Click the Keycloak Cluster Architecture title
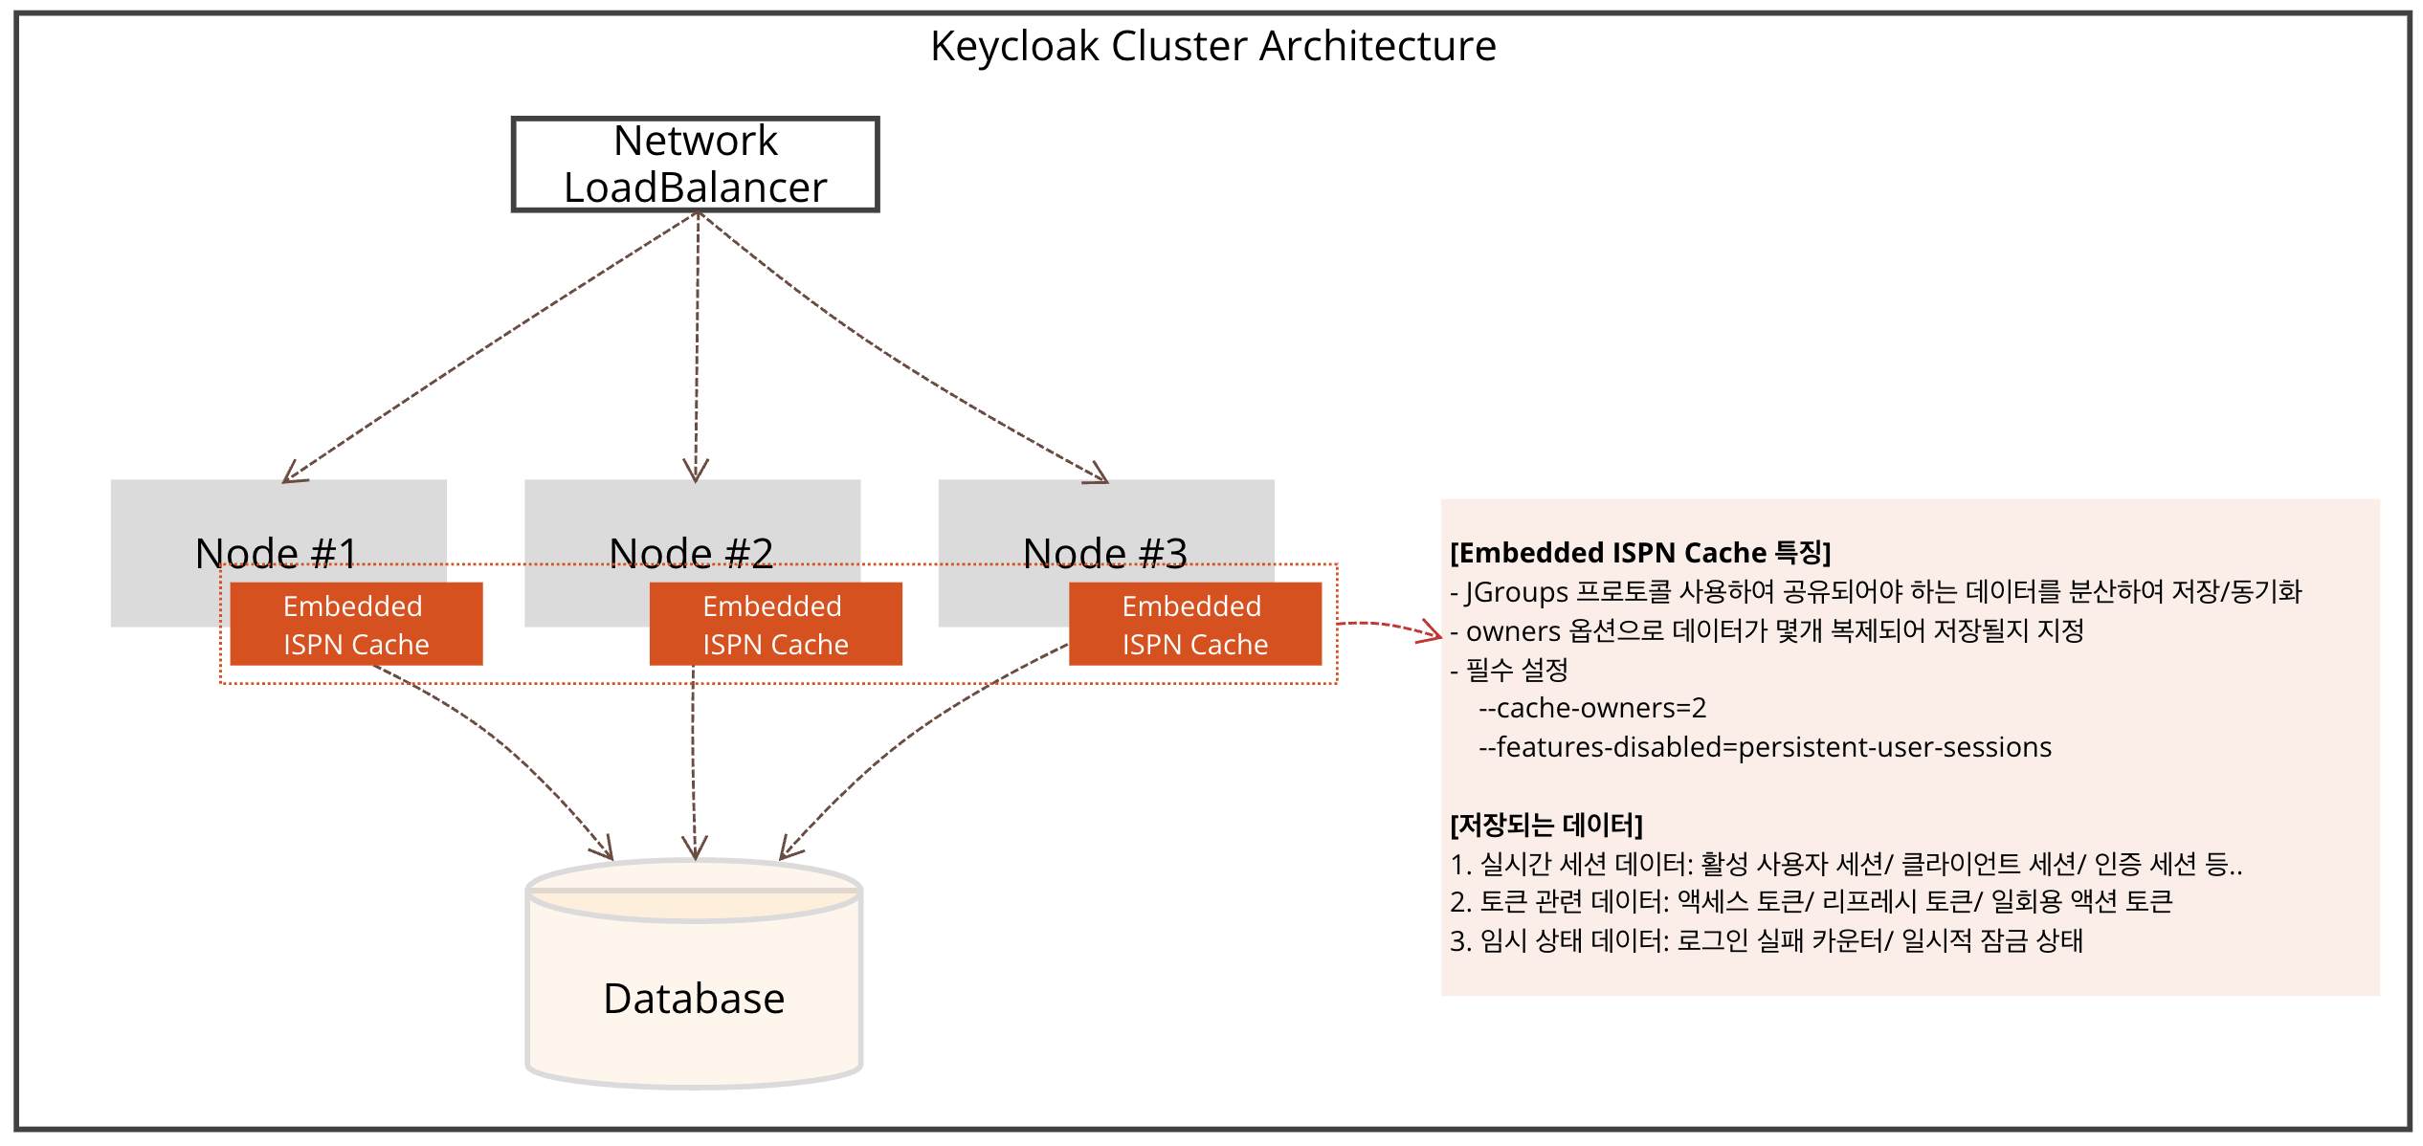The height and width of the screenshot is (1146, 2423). pos(1212,46)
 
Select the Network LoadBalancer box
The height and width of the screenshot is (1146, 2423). pos(695,165)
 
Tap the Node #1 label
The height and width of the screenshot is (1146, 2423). pos(276,553)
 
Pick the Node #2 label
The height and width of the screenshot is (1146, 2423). pos(691,553)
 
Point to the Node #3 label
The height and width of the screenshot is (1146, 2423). pos(1105,553)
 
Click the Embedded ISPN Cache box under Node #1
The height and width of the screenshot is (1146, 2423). pos(356,625)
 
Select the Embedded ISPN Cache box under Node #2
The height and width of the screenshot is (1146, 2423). pos(775,625)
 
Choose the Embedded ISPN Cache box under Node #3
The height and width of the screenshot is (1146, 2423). pos(1194,625)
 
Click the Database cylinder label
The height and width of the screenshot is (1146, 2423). pos(694,999)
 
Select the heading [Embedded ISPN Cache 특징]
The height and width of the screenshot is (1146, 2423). pos(1640,553)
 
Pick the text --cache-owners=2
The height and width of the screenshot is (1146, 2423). pos(1592,708)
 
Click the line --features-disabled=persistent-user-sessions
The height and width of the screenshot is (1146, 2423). pos(1765,747)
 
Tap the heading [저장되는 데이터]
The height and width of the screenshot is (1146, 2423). pos(1546,825)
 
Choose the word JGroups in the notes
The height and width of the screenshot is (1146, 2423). pos(1516,592)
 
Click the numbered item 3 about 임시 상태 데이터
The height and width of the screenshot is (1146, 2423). pos(1767,941)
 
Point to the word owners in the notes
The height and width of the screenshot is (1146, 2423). pos(1513,631)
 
